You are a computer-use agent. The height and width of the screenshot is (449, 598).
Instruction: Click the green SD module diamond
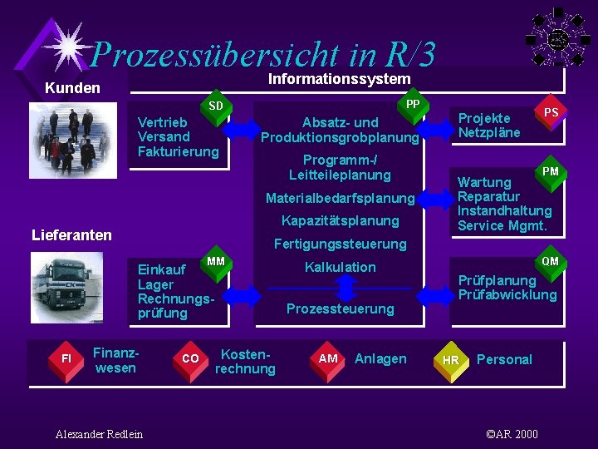click(x=215, y=107)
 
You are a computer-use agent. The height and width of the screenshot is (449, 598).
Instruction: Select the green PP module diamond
click(x=411, y=104)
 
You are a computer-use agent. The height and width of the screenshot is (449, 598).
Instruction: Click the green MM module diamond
click(x=215, y=263)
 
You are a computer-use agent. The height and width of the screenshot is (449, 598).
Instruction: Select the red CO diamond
click(x=189, y=358)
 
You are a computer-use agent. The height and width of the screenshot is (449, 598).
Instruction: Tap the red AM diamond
click(x=328, y=358)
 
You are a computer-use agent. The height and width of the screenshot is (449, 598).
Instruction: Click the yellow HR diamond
click(x=451, y=360)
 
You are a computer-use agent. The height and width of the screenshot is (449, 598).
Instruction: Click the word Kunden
click(x=72, y=88)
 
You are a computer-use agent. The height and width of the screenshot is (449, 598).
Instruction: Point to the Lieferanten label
click(x=71, y=235)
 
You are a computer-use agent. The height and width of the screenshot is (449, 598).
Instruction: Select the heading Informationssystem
click(x=339, y=78)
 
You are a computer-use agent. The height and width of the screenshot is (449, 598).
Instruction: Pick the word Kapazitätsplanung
click(x=340, y=220)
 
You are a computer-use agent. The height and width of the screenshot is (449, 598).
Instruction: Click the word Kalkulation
click(x=340, y=267)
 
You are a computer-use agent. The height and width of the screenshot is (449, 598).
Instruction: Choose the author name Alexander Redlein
click(x=99, y=434)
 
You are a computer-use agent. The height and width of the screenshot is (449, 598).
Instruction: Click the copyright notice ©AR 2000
click(x=512, y=434)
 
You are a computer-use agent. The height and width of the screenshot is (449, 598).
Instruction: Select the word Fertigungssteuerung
click(x=340, y=244)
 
